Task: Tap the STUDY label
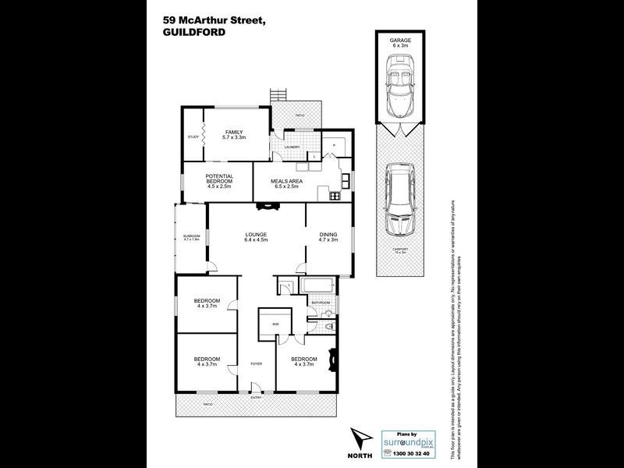point(193,137)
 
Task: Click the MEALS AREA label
point(285,183)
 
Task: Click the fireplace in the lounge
point(268,207)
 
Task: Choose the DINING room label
point(328,237)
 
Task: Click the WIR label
point(275,324)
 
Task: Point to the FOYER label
point(256,364)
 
